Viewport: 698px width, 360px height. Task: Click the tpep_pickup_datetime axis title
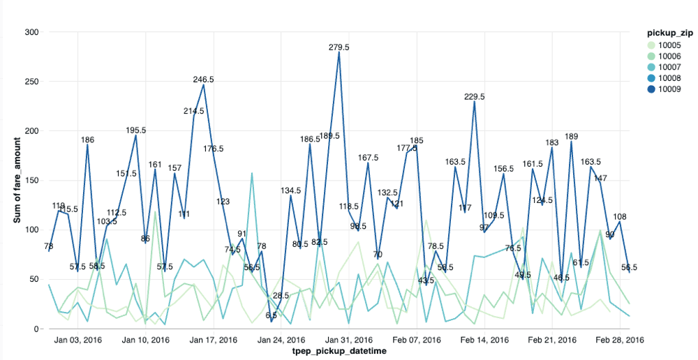(x=339, y=352)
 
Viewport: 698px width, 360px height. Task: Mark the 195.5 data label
(x=135, y=130)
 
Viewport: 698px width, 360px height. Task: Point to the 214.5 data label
(x=193, y=111)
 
